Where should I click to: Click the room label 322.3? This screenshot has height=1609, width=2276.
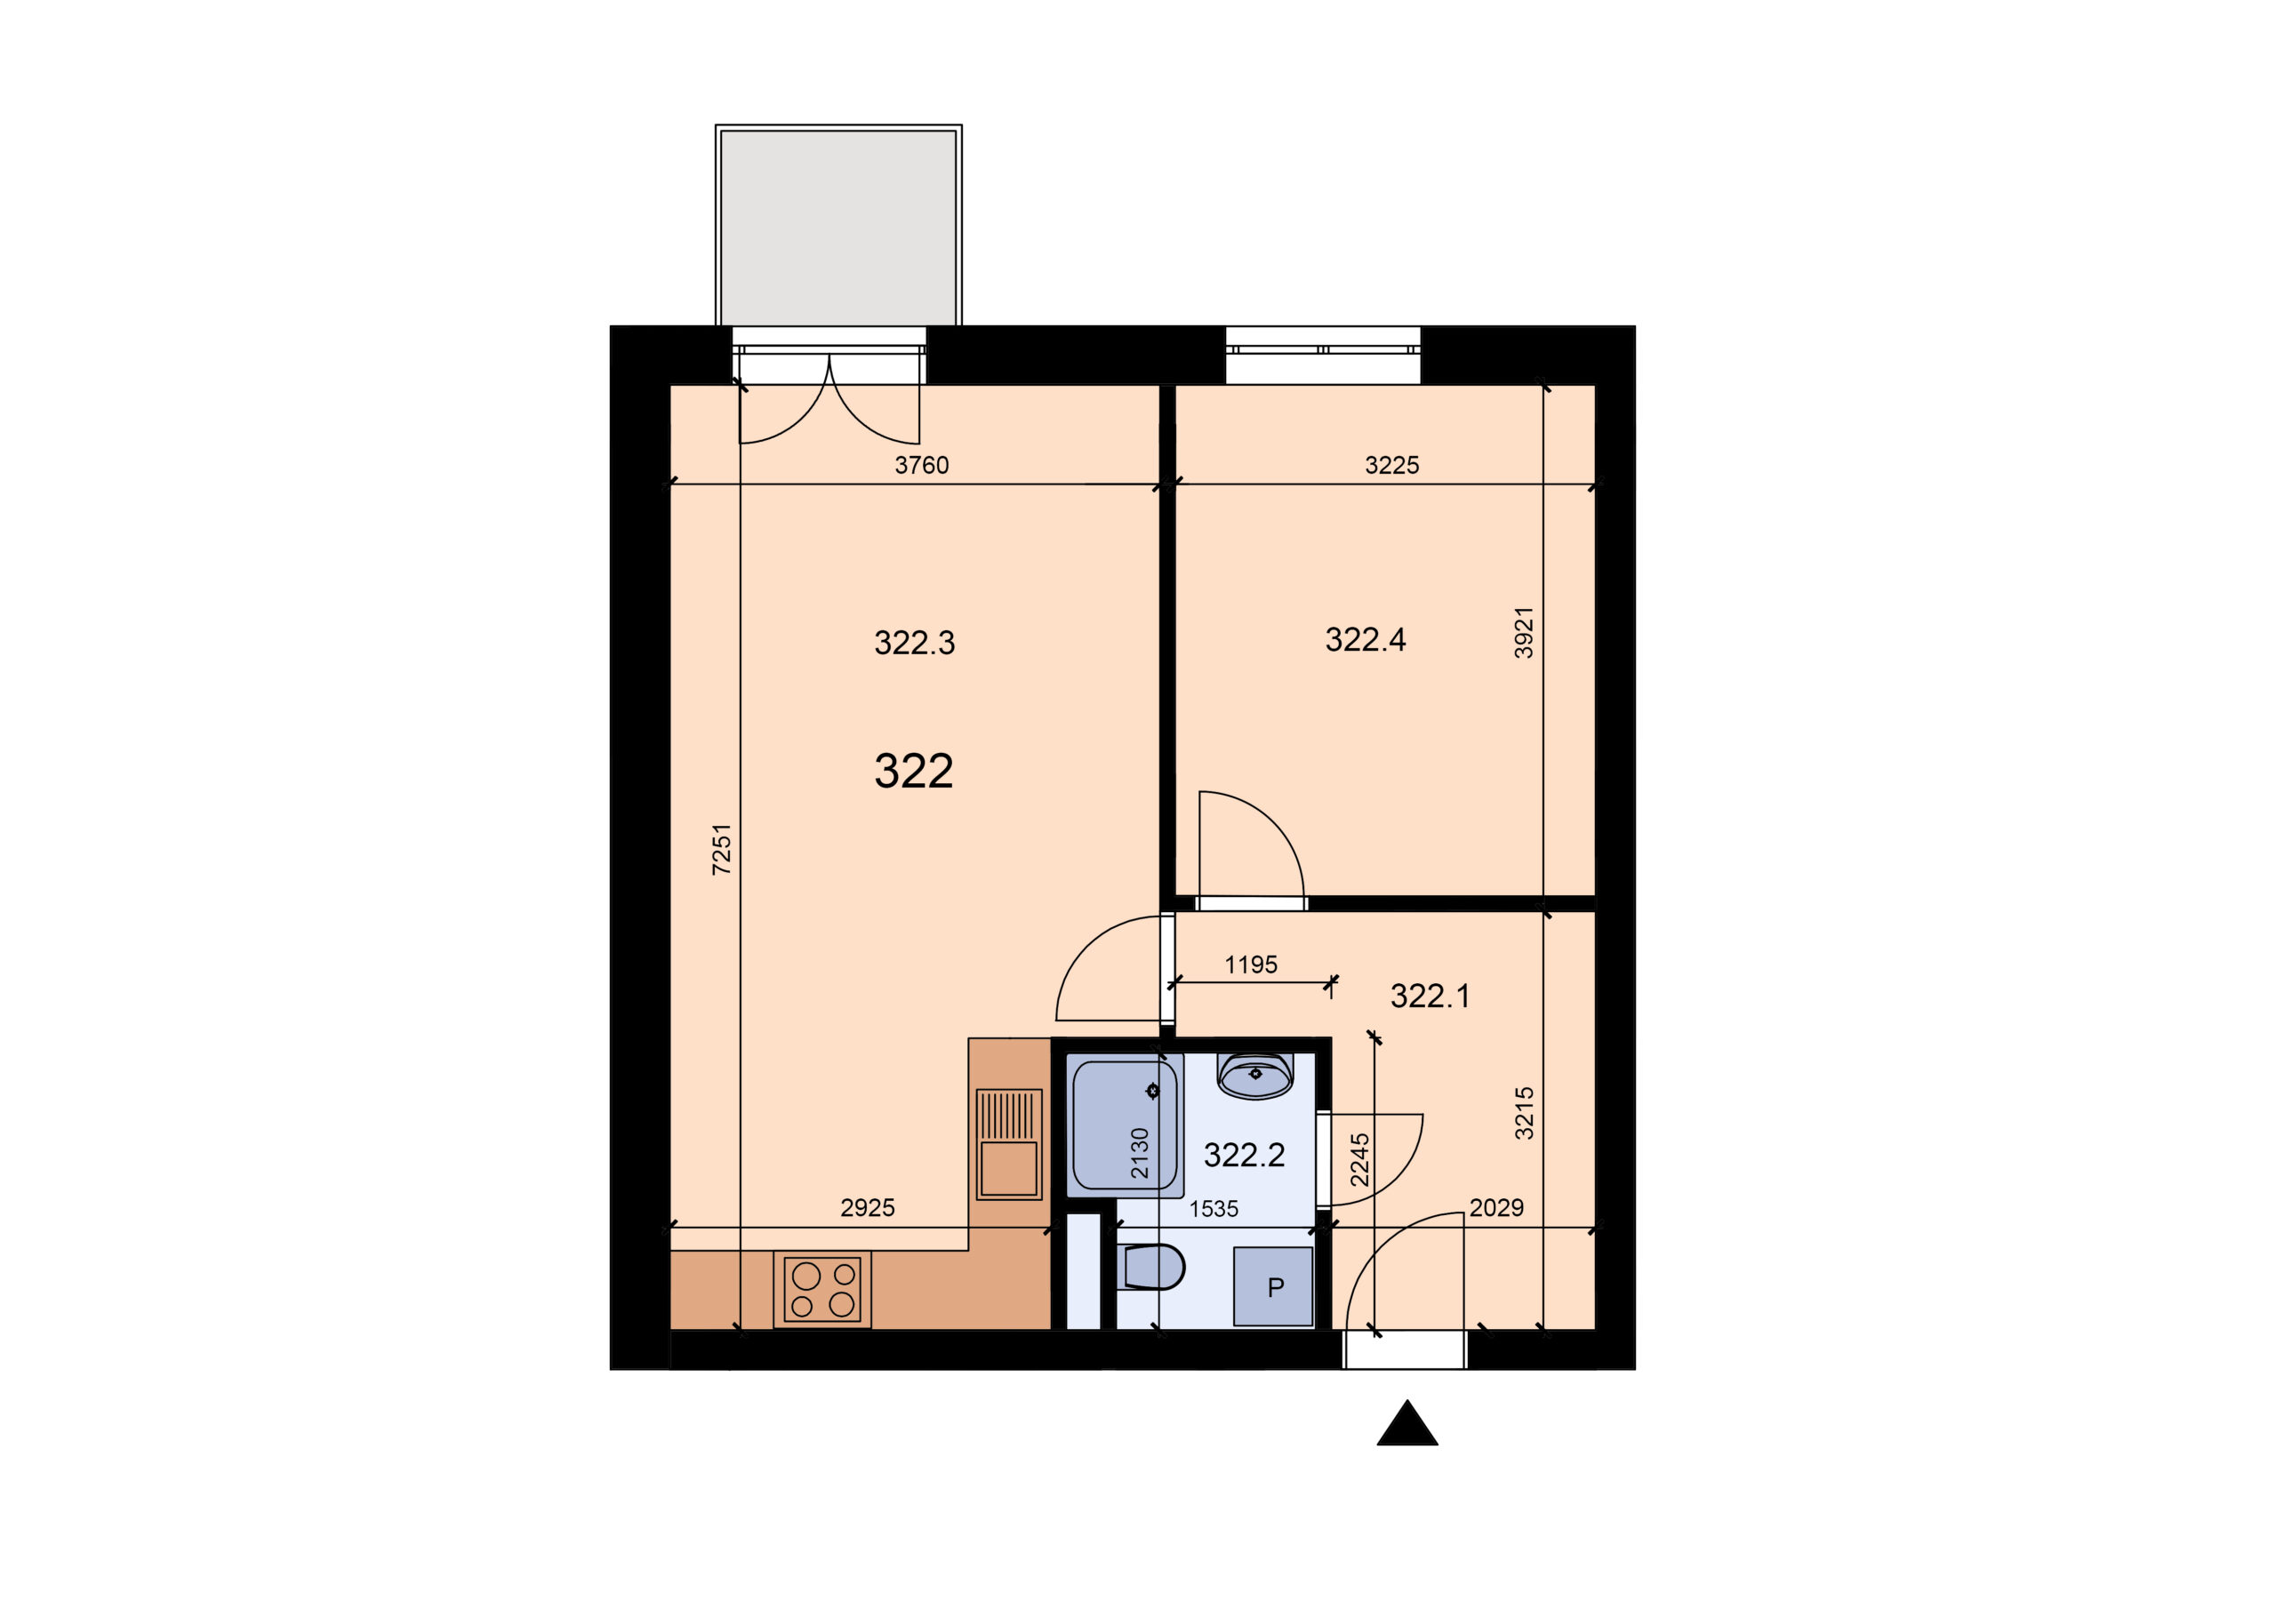(x=914, y=644)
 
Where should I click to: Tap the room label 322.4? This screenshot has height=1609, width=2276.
(x=1365, y=640)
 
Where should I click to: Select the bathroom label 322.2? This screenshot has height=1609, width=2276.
(x=1244, y=1155)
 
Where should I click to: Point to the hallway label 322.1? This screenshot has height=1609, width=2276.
(x=1430, y=997)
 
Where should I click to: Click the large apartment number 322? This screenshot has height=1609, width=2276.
(x=913, y=772)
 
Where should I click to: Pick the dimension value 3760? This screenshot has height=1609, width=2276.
(x=921, y=465)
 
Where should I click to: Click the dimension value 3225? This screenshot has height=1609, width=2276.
(x=1391, y=465)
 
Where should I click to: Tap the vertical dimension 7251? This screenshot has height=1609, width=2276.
(x=722, y=849)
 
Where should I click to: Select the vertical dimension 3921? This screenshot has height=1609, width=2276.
(x=1524, y=633)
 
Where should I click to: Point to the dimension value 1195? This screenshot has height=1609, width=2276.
(x=1251, y=965)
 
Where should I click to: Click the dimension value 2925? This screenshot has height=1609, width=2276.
(x=868, y=1207)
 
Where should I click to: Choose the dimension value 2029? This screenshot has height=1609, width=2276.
(x=1496, y=1207)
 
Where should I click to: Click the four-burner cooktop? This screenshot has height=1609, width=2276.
(x=821, y=1289)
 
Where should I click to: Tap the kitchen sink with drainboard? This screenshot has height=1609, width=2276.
(x=1009, y=1144)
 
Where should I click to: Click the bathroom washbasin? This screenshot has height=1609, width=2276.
(x=1255, y=1076)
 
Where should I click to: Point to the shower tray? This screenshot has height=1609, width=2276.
(x=1126, y=1125)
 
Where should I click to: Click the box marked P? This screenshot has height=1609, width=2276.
(x=1274, y=1287)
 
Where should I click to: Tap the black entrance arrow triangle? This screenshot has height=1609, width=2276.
(x=1406, y=1423)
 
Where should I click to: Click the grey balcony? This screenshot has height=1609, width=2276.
(x=838, y=226)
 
